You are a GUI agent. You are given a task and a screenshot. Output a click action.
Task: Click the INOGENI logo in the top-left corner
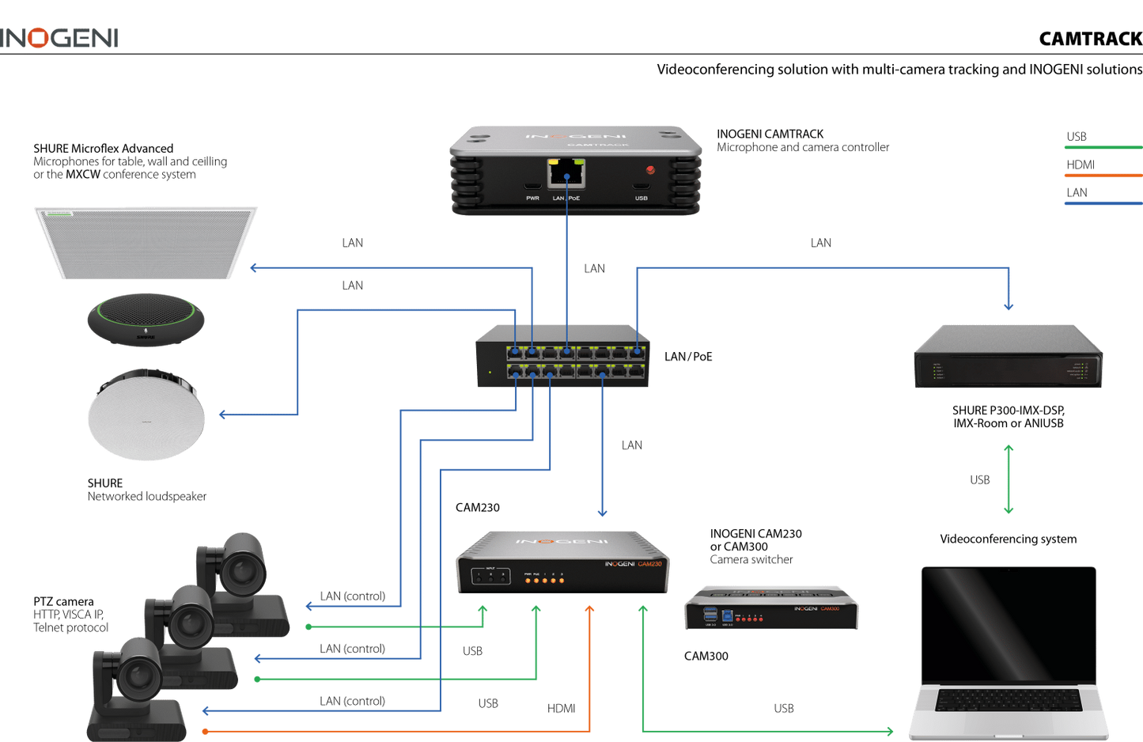point(60,38)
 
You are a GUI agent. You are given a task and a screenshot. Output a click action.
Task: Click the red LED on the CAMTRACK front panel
point(650,170)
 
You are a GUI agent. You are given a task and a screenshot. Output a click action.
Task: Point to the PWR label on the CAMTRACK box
point(532,199)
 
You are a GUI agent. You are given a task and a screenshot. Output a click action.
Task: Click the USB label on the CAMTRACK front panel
point(641,199)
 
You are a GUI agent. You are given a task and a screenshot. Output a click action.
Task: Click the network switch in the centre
point(563,358)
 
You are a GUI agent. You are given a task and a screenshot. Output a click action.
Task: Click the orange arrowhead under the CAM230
point(589,608)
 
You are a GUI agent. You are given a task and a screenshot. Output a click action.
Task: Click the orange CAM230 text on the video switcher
point(650,564)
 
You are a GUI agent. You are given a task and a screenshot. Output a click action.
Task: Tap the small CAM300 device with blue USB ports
point(770,608)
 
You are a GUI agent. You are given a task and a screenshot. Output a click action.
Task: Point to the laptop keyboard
point(1008,701)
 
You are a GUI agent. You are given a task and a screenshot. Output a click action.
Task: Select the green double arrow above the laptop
point(1009,479)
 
